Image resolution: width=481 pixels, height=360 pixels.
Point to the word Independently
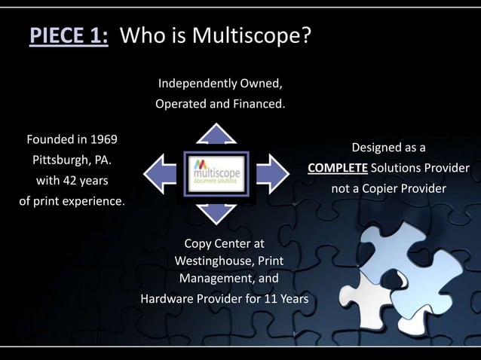pos(194,82)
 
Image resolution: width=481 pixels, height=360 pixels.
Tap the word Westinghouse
pos(215,261)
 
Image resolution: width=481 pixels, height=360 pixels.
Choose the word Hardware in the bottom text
pos(167,299)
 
